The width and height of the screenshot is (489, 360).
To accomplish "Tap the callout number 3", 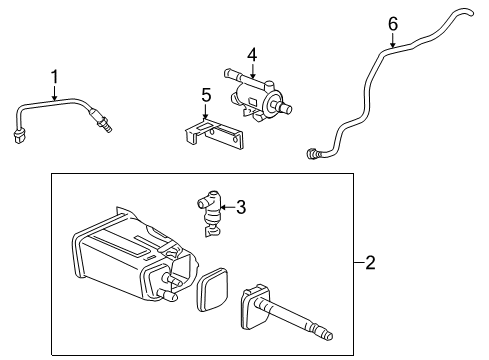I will coord(240,208).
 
